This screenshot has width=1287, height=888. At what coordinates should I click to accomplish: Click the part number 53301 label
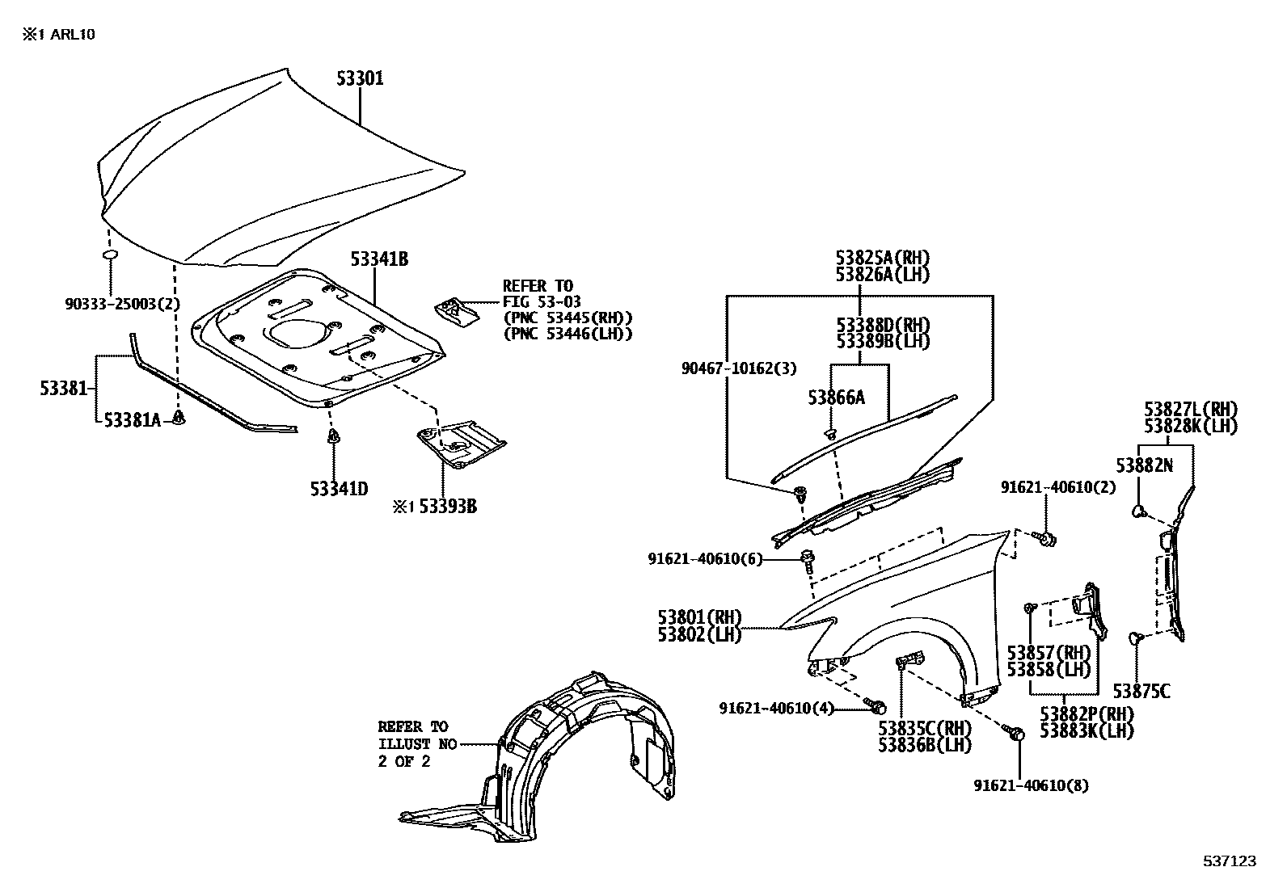tap(360, 78)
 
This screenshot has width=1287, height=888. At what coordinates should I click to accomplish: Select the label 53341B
tap(378, 259)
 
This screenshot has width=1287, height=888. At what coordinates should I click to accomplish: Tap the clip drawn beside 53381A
tap(179, 418)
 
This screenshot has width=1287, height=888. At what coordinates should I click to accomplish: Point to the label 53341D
tap(339, 489)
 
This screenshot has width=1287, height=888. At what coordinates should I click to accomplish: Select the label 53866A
tap(837, 397)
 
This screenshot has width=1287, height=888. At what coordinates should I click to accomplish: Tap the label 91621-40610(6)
tap(705, 558)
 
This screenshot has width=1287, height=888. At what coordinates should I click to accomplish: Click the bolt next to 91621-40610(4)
tap(876, 707)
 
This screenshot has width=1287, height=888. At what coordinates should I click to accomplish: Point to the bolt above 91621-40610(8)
tap(1017, 733)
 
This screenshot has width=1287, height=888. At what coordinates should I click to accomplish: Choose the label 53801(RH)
tap(699, 618)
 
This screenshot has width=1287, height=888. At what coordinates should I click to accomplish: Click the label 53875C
tap(1141, 691)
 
